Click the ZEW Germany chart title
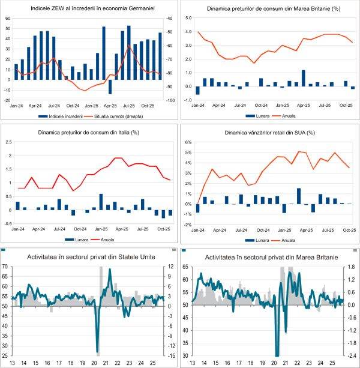tap(89, 8)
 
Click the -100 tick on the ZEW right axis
tap(170, 100)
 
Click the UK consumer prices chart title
tap(269, 9)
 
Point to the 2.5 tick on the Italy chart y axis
tap(8, 142)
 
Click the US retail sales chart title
tap(269, 132)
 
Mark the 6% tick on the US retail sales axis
tap(187, 143)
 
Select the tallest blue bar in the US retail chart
tap(298, 196)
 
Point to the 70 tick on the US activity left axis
tap(5, 266)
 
